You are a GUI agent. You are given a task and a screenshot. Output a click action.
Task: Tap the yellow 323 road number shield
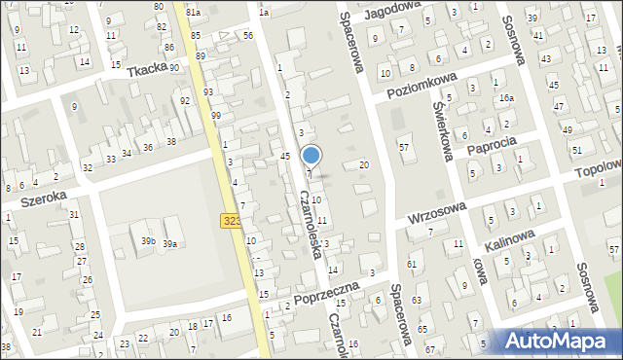[232, 222]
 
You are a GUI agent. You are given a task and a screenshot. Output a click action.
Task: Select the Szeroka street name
[43, 198]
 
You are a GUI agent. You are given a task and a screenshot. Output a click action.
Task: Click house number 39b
[148, 240]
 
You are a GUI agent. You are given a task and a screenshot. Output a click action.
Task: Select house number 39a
[169, 244]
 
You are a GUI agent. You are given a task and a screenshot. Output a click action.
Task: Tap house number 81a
[193, 12]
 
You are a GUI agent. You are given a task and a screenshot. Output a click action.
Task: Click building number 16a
[505, 98]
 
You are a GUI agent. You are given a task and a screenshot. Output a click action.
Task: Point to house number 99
[215, 116]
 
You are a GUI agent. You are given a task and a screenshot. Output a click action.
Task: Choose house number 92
[185, 101]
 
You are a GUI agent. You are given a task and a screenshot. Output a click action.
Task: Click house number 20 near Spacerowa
[364, 165]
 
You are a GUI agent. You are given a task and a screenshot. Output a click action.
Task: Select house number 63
[416, 300]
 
